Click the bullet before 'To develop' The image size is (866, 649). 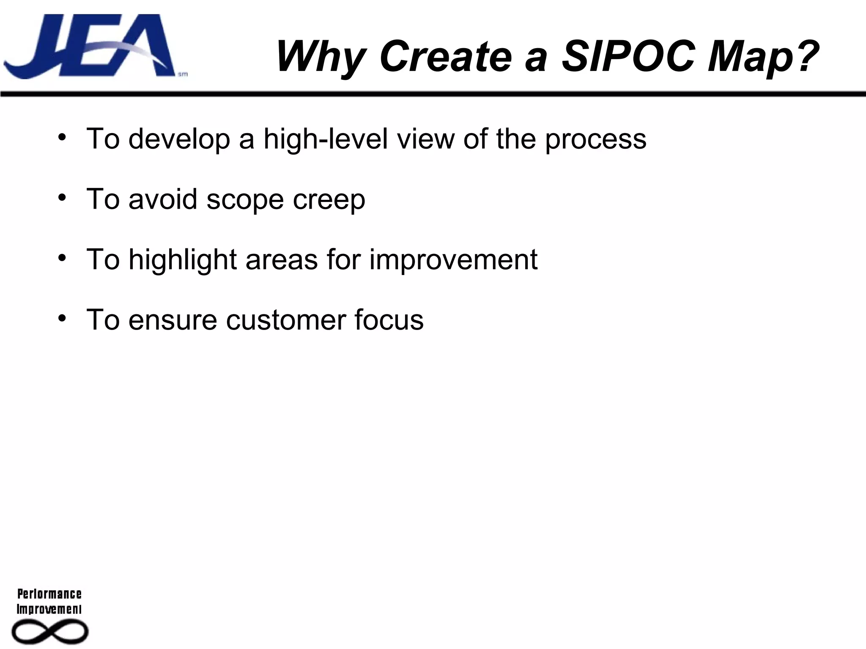point(63,137)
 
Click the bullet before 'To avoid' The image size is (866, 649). point(63,198)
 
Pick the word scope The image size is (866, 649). point(245,200)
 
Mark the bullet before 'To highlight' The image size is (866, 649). point(63,258)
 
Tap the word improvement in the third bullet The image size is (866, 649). point(453,259)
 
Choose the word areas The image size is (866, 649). point(282,259)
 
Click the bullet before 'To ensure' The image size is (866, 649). point(63,318)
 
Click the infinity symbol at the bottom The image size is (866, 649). point(50,632)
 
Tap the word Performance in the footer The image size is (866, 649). point(49,594)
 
